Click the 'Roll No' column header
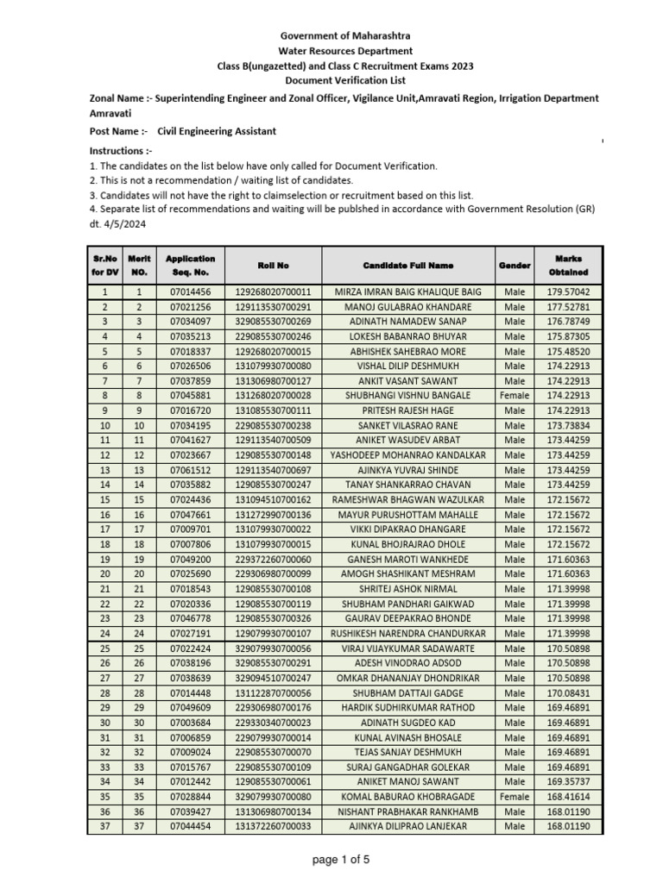tap(272, 266)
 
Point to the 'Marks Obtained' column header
tap(568, 266)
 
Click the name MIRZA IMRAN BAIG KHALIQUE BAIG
tap(407, 292)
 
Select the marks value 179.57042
tap(568, 292)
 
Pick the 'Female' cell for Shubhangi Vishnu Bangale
tap(515, 395)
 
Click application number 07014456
tap(190, 292)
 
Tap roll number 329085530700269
tap(272, 322)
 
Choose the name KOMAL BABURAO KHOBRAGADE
tap(407, 797)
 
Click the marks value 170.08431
tap(568, 693)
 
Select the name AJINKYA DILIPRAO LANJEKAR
tap(407, 826)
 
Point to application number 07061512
tap(190, 470)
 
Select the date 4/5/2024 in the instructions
tap(124, 222)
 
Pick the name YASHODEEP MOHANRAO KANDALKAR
tap(407, 454)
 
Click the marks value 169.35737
tap(568, 782)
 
